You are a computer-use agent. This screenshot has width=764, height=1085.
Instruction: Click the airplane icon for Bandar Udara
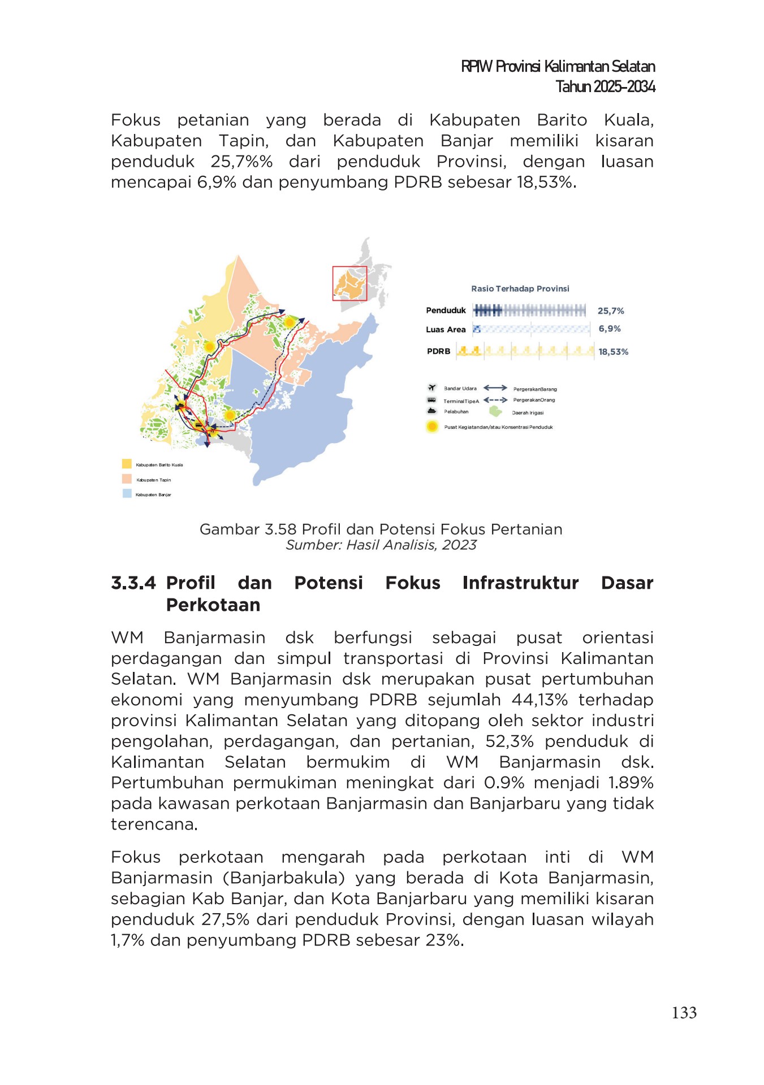432,388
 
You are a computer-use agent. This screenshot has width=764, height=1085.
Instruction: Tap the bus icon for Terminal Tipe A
431,400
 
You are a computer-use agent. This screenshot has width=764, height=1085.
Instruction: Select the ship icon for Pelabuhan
432,411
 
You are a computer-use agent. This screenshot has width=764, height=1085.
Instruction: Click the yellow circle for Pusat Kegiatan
432,427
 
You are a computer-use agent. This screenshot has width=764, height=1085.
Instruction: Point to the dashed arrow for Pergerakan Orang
495,400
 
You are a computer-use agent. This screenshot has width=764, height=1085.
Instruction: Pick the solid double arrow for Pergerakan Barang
495,388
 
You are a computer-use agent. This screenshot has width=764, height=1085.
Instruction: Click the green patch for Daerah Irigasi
496,411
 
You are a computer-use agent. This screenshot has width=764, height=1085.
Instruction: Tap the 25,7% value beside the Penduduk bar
611,311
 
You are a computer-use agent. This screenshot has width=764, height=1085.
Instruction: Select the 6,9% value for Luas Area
610,329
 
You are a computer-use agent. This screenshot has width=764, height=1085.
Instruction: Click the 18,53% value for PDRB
614,351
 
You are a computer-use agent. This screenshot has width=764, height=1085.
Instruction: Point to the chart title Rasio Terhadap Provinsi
520,288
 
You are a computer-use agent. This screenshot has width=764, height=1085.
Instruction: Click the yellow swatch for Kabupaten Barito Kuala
127,464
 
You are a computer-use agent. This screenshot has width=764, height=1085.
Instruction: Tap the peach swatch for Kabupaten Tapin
127,479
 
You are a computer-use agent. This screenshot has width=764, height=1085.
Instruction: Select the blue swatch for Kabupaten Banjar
127,493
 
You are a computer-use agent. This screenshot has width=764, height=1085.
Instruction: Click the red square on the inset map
349,283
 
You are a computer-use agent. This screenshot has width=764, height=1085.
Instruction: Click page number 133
684,1013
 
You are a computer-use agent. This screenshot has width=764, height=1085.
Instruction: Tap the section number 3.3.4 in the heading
133,583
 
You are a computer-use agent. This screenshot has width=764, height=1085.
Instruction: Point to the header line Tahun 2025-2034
605,86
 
